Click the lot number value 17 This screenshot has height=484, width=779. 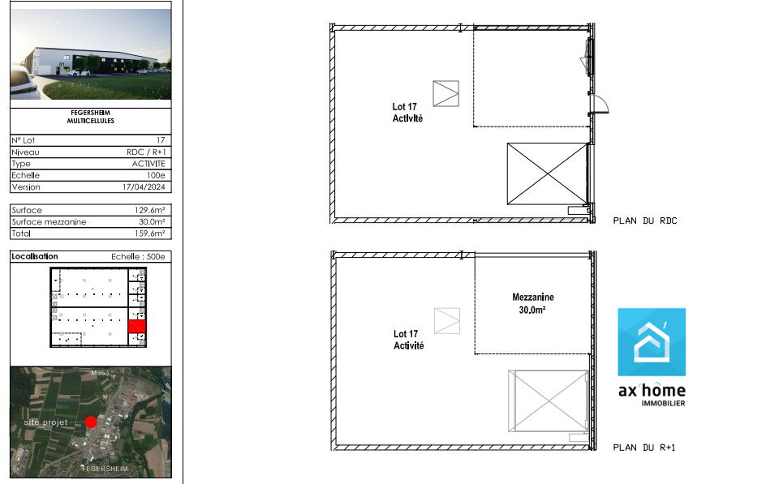161,140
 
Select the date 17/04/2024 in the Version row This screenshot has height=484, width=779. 144,187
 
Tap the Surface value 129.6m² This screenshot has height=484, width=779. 149,210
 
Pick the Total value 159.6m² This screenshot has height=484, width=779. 149,233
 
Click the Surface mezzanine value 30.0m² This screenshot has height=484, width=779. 152,222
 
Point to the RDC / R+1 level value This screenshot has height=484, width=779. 146,152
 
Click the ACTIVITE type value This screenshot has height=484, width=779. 148,164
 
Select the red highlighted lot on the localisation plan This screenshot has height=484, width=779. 136,326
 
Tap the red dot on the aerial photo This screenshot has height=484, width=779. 91,422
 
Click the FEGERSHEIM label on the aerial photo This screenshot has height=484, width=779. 105,469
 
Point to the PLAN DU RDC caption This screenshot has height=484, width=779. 645,221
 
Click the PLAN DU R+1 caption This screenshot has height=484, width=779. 643,448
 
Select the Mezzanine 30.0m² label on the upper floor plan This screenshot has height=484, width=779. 532,303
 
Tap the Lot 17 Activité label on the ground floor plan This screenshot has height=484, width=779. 407,113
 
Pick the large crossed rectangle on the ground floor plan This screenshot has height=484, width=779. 547,173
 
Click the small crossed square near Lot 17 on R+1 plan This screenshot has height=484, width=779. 446,321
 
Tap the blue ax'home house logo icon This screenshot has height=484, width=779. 652,342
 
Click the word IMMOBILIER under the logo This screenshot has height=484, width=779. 663,404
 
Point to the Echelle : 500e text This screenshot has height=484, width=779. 138,257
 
